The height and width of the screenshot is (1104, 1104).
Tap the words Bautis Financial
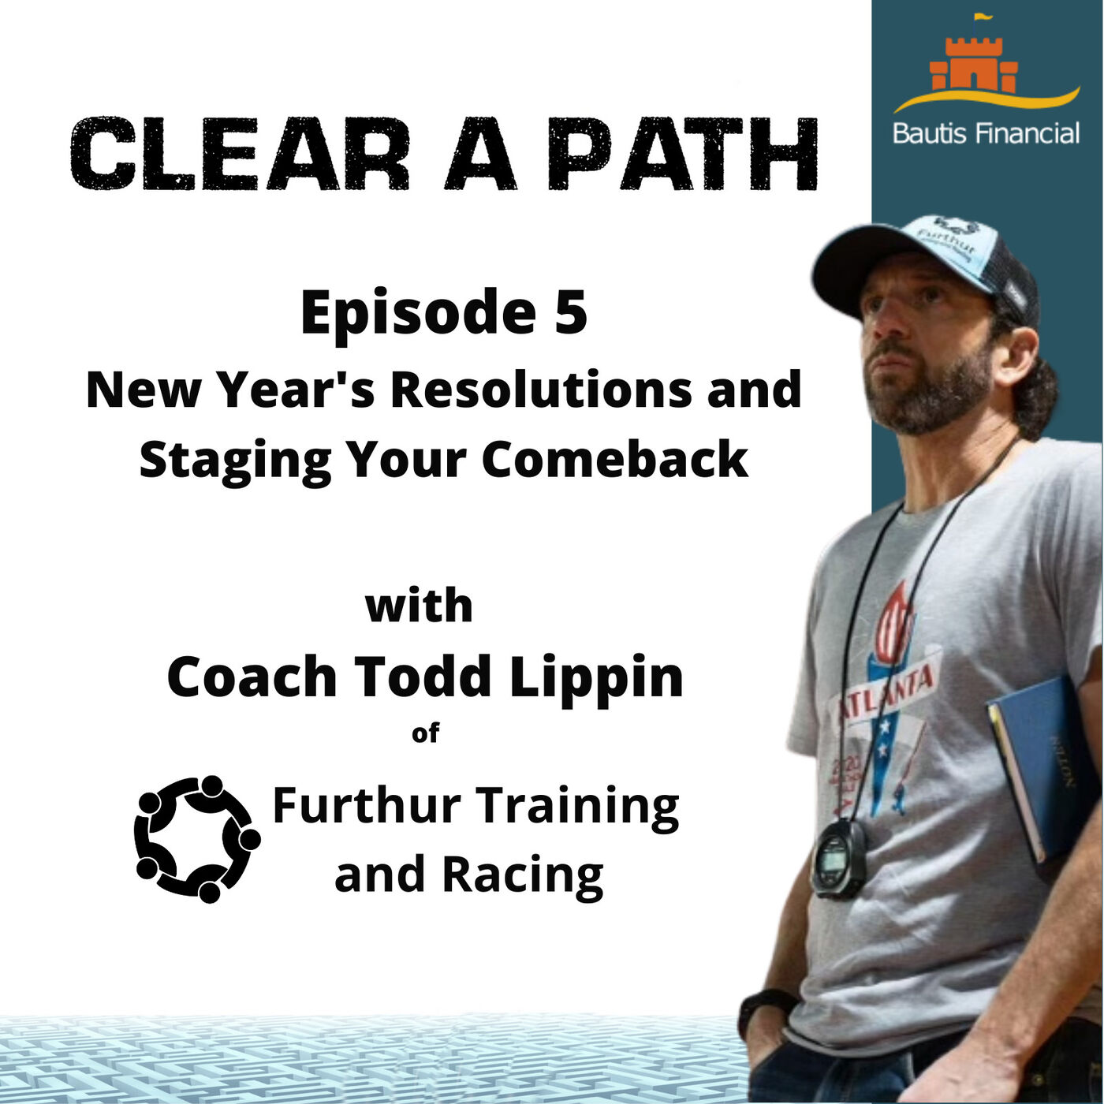(986, 133)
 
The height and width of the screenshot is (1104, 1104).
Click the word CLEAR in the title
(240, 154)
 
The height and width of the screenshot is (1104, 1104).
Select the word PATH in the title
(682, 154)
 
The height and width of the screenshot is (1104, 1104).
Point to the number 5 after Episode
(571, 311)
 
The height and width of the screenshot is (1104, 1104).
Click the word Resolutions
(543, 390)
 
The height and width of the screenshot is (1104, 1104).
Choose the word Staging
(236, 462)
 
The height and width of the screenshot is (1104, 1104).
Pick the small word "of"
(425, 733)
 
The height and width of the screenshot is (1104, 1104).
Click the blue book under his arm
(1038, 768)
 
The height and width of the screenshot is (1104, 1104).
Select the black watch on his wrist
(764, 1011)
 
